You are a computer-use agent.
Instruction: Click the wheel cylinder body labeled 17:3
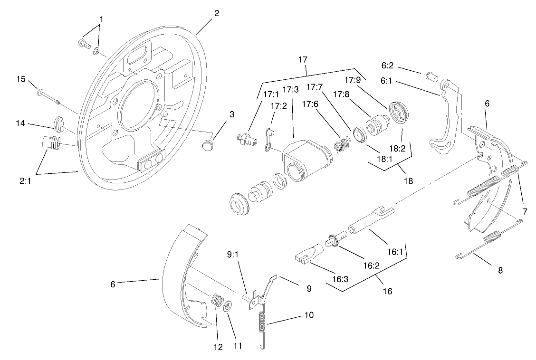point(304,159)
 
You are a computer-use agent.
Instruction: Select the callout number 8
point(500,270)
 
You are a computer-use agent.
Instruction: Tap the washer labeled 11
point(228,306)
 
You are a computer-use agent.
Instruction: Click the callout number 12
point(218,347)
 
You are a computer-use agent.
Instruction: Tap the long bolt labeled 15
point(48,95)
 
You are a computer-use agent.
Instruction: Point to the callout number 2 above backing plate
point(217,13)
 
